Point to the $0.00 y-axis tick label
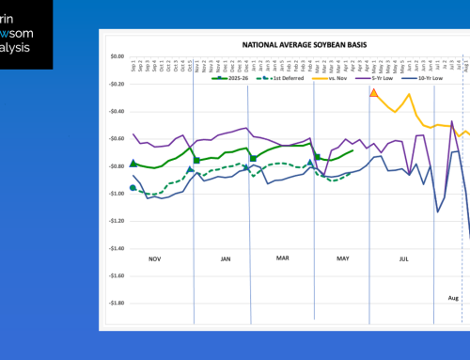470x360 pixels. coord(116,56)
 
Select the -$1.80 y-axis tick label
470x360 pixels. coord(115,304)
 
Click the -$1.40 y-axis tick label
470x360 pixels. coord(115,248)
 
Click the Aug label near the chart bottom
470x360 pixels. coord(453,297)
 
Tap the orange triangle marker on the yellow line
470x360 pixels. coord(374,93)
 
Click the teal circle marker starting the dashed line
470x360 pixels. coord(133,188)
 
